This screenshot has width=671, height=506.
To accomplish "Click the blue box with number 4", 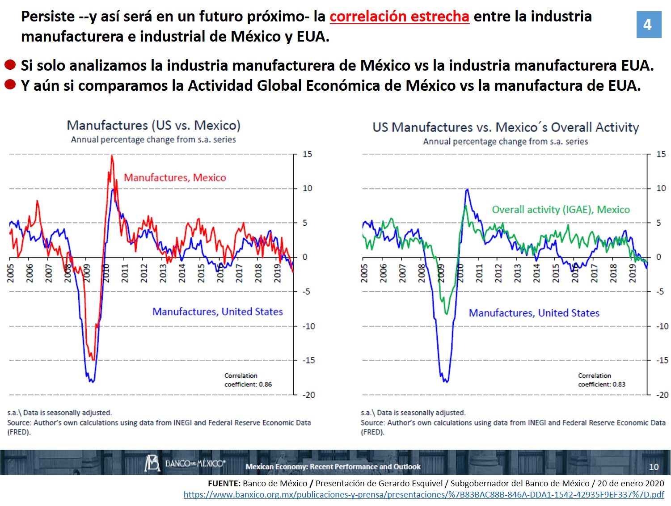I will (x=648, y=25).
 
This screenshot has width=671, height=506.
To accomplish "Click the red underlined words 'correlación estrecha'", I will (x=399, y=17).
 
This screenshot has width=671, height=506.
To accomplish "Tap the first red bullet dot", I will (x=10, y=65).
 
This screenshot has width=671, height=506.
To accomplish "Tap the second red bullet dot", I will (x=10, y=84).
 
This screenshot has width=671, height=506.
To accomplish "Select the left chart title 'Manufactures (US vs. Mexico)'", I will (x=153, y=125).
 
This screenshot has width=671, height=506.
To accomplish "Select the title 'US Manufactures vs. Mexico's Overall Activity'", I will (x=506, y=127).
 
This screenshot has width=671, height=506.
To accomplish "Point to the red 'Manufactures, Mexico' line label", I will (x=175, y=178).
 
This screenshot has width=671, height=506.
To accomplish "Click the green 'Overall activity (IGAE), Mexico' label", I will (x=561, y=210).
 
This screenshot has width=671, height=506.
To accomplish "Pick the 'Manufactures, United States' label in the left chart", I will (x=218, y=312).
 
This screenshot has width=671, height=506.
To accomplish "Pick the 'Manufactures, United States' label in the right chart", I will (x=534, y=313).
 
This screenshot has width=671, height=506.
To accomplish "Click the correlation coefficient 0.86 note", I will (x=248, y=380).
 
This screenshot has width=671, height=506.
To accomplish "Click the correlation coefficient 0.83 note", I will (x=601, y=380).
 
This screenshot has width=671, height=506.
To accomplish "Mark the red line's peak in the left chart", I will (x=112, y=156).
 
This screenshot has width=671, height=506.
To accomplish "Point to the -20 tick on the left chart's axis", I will (x=308, y=395).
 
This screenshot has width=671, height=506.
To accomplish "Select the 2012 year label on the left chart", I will (x=144, y=273).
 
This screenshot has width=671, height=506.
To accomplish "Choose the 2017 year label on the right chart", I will (x=594, y=273).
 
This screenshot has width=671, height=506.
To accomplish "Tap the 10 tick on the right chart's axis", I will (x=661, y=188).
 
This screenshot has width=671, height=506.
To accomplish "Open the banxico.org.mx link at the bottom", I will (x=423, y=495).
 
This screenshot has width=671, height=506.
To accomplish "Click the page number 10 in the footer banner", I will (x=654, y=467).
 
